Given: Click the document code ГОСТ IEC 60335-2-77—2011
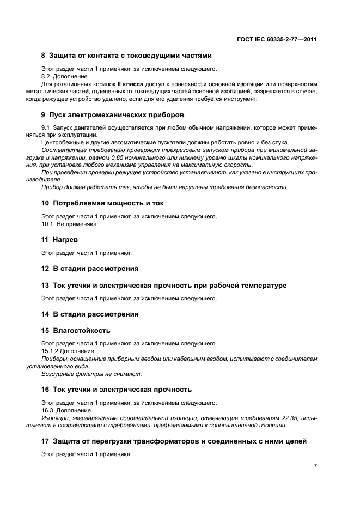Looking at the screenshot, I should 277,40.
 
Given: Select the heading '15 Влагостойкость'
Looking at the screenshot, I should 76,330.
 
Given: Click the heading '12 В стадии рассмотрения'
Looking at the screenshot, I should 90,268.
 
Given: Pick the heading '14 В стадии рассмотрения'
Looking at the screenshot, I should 90,314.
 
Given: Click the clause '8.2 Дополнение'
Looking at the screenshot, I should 64,77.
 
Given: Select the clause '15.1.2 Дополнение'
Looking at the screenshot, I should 68,351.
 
